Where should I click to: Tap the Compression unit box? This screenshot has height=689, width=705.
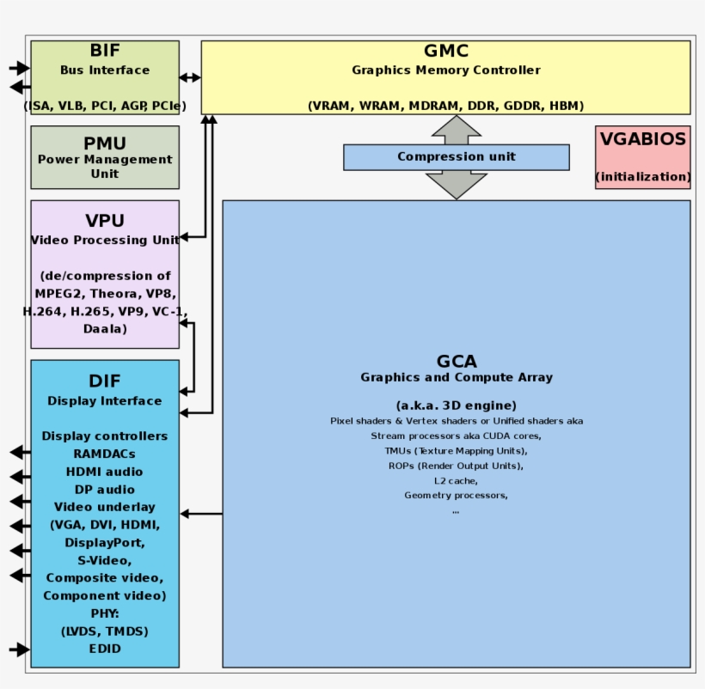456,157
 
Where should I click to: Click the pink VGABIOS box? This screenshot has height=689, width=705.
642,157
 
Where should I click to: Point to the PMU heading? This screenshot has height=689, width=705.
105,143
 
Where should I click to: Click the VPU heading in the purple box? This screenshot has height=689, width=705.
105,222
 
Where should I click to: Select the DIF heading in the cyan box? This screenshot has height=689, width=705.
105,381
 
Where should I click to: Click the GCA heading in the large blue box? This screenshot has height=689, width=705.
456,362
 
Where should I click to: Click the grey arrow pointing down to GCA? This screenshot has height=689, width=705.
456,185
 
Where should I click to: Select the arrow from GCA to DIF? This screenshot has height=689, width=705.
201,515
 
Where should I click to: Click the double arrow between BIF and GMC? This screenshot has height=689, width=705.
190,77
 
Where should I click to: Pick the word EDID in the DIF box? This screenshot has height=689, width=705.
105,649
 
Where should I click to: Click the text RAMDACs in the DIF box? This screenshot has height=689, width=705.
105,454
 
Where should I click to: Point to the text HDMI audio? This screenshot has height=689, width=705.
105,472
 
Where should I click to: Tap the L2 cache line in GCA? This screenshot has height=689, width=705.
456,480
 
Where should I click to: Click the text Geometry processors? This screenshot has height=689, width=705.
456,496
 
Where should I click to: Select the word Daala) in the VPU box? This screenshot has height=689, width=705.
105,329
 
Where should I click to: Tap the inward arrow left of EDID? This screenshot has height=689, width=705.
19,649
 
